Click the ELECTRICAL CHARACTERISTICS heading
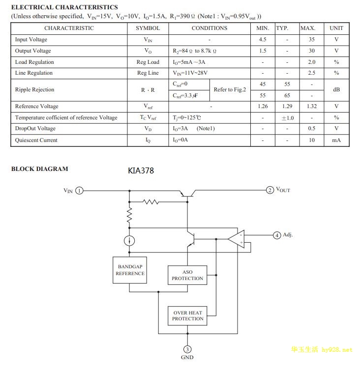pos(64,7)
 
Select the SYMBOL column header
pos(148,28)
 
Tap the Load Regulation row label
pos(34,62)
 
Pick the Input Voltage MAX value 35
pos(311,39)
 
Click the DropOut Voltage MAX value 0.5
pos(311,128)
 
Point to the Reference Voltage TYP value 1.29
pos(287,106)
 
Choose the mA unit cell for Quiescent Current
pos(336,140)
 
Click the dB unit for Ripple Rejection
pos(336,89)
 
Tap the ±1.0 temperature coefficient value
pos(287,118)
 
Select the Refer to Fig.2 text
pos(230,89)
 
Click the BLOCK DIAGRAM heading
pos(40,169)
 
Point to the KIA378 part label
pos(141,171)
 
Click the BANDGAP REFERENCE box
pos(130,270)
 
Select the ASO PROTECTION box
pos(187,275)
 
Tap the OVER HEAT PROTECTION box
pos(187,315)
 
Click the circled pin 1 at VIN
pos(80,191)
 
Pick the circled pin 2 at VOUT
pos(270,190)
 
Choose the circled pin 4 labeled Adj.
pos(277,235)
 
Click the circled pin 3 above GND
pos(187,350)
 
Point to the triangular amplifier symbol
pos(238,239)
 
